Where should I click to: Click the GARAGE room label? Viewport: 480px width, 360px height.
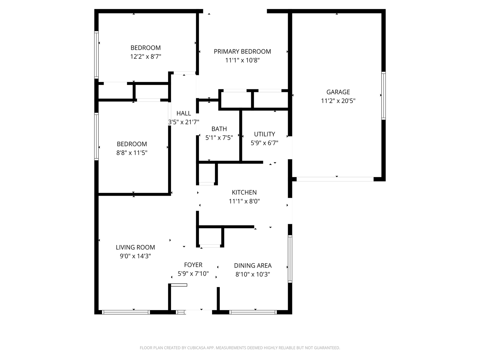coord(338,92)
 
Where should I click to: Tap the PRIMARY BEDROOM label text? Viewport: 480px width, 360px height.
coord(242,52)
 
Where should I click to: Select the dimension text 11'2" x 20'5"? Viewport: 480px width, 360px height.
coord(338,101)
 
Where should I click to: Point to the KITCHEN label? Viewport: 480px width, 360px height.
coord(244,192)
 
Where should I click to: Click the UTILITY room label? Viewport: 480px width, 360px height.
coord(264,134)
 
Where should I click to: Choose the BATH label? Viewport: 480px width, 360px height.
coord(219,129)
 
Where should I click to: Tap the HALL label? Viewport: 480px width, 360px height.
coord(184,113)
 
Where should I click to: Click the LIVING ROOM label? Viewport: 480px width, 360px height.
coord(135,247)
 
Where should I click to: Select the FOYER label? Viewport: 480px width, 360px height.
coord(193,265)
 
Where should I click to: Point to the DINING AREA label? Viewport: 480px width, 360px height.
coord(253,265)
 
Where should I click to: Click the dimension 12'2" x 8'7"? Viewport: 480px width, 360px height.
coord(146,57)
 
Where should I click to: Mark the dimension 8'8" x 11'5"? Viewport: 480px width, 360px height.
coord(132,153)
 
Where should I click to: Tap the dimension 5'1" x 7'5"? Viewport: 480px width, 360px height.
coord(219,137)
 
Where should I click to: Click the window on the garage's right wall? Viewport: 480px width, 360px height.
coord(383,96)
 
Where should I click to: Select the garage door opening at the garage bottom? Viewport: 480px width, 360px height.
coord(335,179)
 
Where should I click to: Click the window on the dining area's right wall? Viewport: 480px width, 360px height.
coord(290,259)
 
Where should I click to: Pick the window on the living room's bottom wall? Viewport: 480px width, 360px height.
coord(126,312)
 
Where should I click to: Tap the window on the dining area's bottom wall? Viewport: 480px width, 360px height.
coord(253,312)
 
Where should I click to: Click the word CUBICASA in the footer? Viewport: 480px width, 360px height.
coord(197,348)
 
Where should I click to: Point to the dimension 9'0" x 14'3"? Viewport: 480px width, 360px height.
coord(135,256)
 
